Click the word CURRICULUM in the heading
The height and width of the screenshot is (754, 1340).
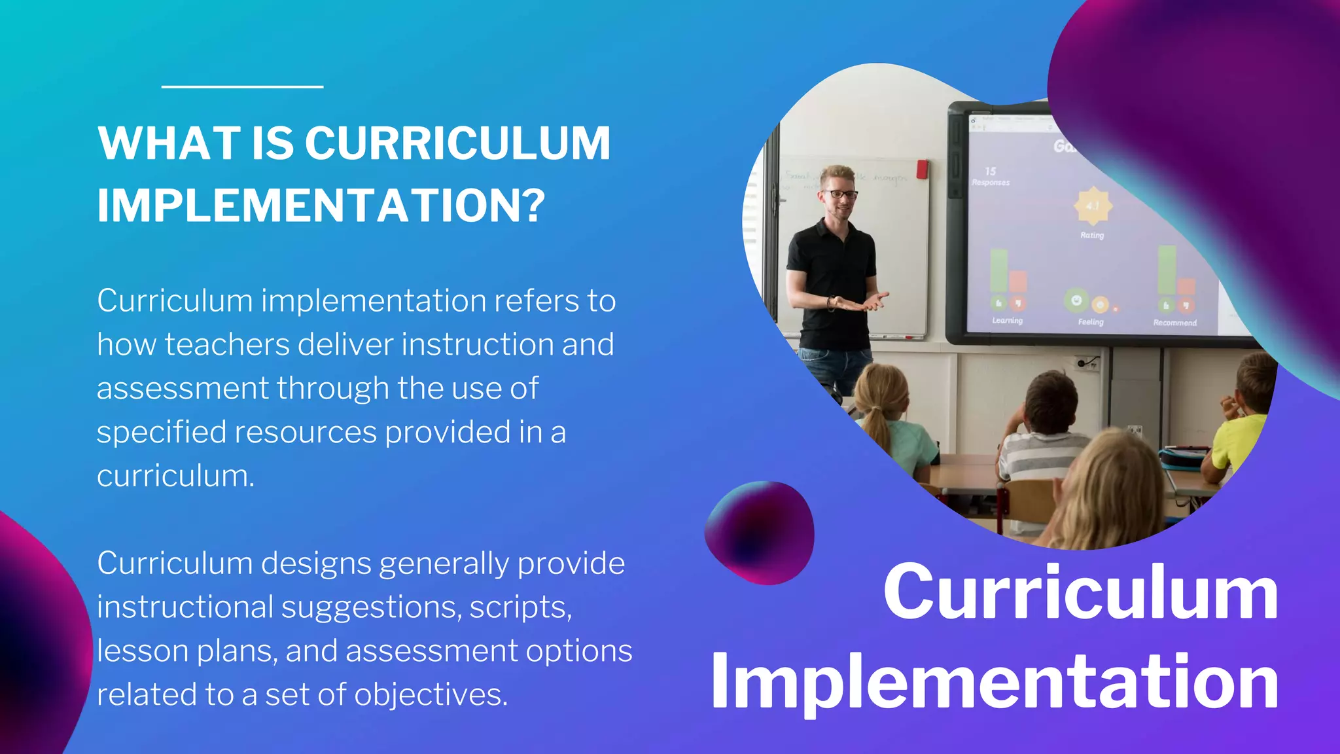click(x=457, y=143)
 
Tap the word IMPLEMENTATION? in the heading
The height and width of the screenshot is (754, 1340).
click(x=321, y=206)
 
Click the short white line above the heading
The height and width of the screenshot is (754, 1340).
click(x=242, y=86)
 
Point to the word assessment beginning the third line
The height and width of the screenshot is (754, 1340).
click(x=183, y=388)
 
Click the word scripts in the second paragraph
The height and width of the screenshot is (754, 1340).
click(x=520, y=607)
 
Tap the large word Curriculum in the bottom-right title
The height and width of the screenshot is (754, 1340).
click(x=1080, y=592)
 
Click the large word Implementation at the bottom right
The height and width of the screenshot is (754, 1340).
click(x=995, y=682)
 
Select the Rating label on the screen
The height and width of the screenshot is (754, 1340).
click(x=1091, y=235)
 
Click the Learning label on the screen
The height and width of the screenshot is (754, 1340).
click(x=1007, y=321)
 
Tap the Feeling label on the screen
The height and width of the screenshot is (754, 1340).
click(x=1090, y=322)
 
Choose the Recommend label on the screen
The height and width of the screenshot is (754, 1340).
click(x=1174, y=323)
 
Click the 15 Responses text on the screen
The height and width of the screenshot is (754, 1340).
click(x=991, y=176)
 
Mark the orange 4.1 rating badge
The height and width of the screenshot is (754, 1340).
click(x=1093, y=206)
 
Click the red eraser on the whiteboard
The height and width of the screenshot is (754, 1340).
click(x=922, y=169)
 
